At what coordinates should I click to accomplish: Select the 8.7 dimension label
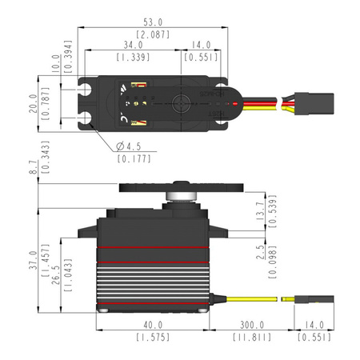click(x=33, y=167)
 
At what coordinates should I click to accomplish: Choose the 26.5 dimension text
click(x=55, y=276)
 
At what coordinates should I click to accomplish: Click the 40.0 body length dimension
click(x=153, y=326)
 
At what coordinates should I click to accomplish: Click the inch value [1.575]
click(x=153, y=338)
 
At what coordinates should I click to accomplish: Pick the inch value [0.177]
click(x=130, y=159)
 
